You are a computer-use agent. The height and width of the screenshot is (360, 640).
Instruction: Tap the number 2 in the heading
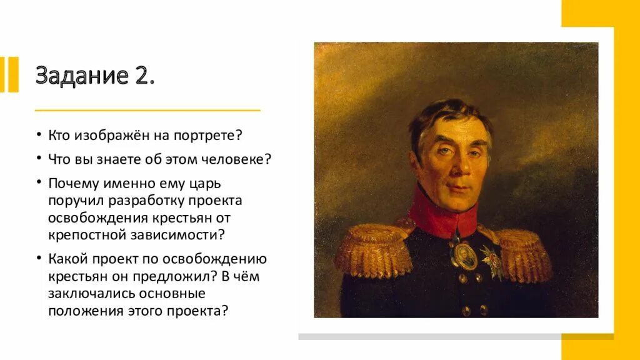pyautogui.click(x=142, y=75)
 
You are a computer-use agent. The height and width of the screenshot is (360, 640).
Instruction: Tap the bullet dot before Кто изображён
pyautogui.click(x=39, y=136)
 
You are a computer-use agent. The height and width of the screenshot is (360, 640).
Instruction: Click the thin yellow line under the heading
pyautogui.click(x=147, y=110)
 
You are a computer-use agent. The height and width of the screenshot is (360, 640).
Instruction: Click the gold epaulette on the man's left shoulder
pyautogui.click(x=524, y=253)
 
